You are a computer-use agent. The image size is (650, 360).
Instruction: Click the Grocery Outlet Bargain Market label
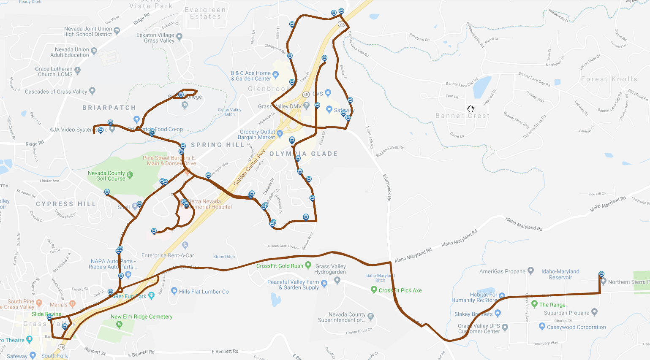tap(257, 135)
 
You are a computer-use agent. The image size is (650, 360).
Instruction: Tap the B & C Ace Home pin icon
tap(276, 75)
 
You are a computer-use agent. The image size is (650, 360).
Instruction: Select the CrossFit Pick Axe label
tap(400, 290)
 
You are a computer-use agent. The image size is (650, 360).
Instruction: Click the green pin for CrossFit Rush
tap(308, 265)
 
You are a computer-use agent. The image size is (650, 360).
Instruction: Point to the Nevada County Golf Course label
tap(106, 176)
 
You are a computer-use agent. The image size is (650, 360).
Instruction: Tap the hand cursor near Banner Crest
tap(471, 109)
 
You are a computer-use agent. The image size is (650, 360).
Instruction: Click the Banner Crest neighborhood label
tap(462, 116)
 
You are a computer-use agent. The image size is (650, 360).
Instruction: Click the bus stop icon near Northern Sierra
tap(601, 274)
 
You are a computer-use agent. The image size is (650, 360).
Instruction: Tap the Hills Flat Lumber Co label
tap(204, 292)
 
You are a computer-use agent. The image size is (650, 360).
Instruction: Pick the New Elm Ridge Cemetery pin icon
tap(119, 324)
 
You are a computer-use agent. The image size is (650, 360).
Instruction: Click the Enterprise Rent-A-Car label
tap(168, 255)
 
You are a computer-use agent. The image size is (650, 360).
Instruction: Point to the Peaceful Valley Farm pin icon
tap(324, 284)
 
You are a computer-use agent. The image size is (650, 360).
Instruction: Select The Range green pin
tap(534, 304)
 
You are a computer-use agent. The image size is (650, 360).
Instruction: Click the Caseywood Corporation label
tap(576, 327)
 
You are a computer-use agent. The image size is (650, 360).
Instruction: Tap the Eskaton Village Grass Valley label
tap(155, 38)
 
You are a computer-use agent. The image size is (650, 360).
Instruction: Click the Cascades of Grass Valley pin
tap(92, 91)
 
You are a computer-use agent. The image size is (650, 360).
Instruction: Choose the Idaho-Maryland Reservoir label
tap(560, 274)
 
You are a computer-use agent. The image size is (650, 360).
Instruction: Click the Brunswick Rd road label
tap(387, 187)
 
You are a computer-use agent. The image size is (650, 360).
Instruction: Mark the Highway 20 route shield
tap(342, 24)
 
